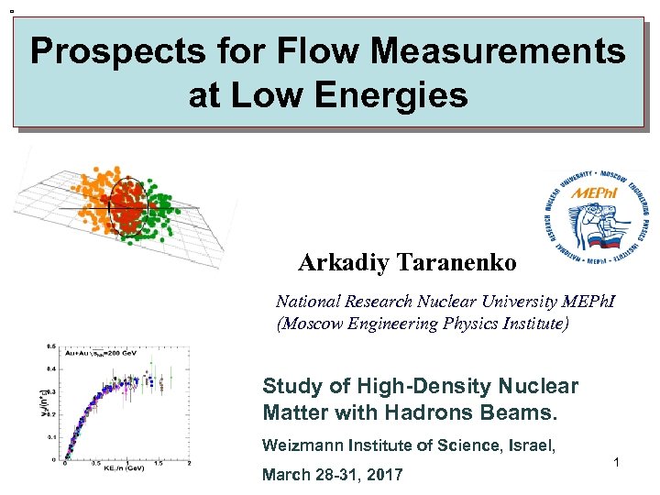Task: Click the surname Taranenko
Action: point(456,263)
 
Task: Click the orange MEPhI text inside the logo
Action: point(593,194)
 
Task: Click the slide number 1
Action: point(618,464)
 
